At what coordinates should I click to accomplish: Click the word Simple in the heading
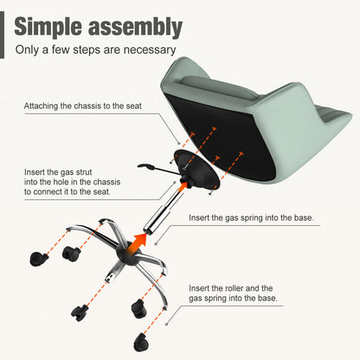tap(48, 27)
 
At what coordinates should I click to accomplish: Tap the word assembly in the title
tap(135, 27)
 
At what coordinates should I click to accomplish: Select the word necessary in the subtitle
tap(149, 50)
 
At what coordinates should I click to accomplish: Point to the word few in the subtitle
tap(61, 49)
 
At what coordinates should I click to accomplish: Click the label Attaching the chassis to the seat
tap(83, 106)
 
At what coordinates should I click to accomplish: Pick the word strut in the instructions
tap(84, 172)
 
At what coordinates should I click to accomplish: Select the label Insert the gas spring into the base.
tap(251, 218)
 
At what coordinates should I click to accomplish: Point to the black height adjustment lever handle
tap(145, 166)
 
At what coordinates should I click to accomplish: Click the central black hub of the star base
tap(128, 254)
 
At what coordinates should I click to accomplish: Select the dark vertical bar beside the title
tap(2, 35)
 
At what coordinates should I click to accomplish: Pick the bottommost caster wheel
tap(141, 343)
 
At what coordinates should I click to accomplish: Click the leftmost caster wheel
tap(38, 259)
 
